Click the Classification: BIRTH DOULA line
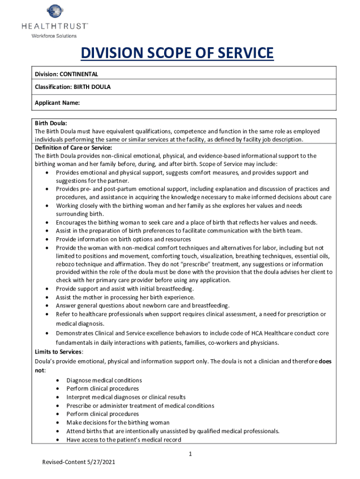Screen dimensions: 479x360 tap(72, 87)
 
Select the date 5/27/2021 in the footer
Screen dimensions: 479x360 tap(101, 462)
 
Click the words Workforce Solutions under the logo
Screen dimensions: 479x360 tap(54, 36)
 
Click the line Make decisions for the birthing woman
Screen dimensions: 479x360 tap(118, 422)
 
